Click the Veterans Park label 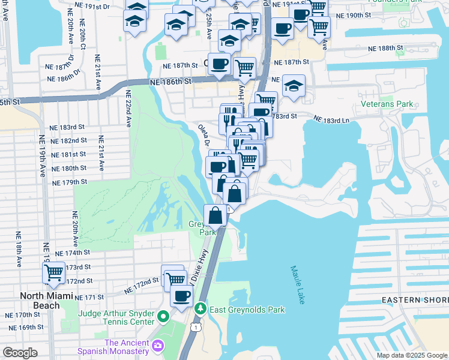tap(387, 104)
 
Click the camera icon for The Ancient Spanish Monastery tap(158, 345)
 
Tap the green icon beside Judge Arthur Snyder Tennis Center tap(163, 316)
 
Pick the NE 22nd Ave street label tap(128, 109)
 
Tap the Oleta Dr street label tap(204, 135)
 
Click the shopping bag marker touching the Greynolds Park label tap(215, 215)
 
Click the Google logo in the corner tap(20, 352)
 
